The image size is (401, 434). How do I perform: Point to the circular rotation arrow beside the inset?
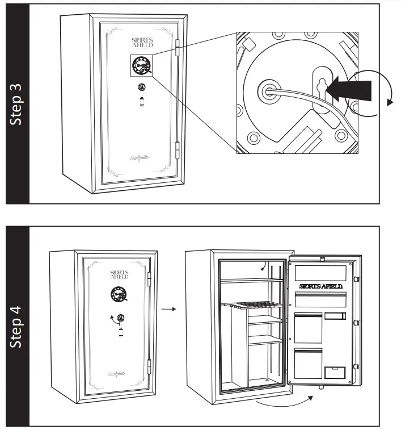click(374, 94)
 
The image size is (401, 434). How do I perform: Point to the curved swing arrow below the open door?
click(284, 404)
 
